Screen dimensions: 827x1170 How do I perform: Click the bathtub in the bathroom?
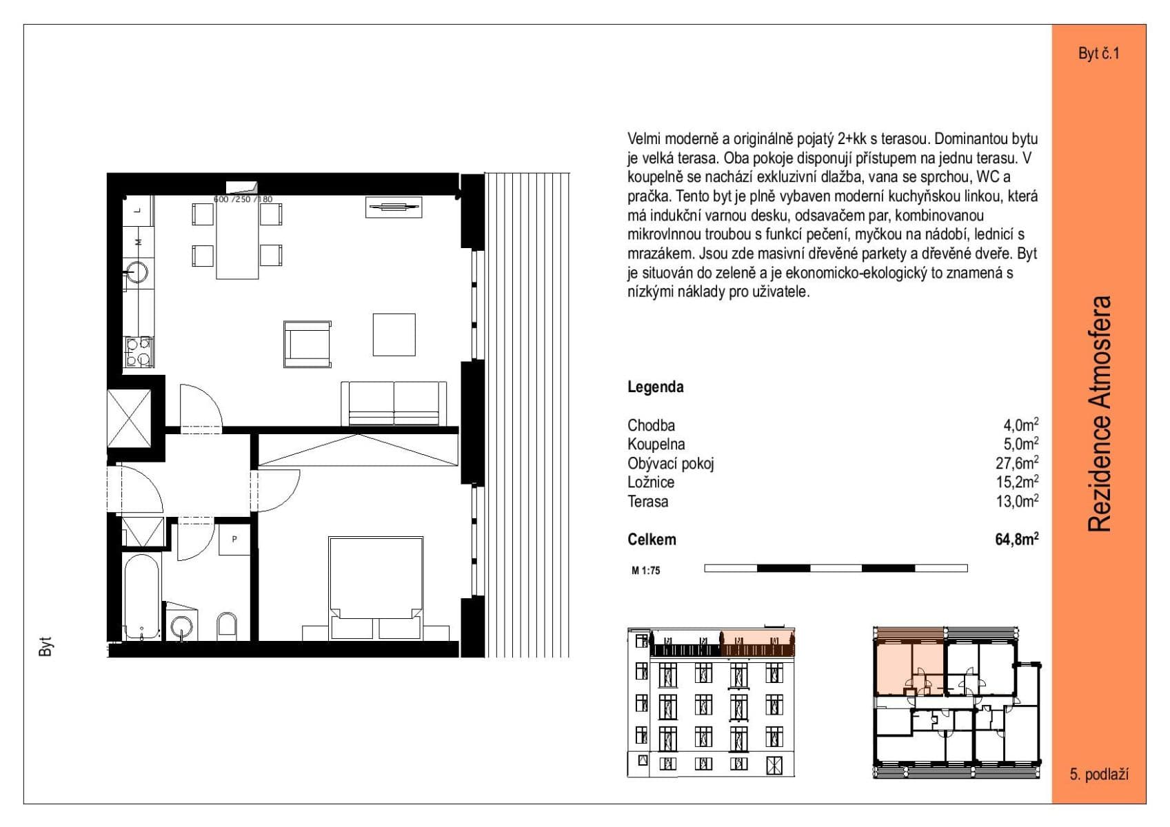click(x=142, y=598)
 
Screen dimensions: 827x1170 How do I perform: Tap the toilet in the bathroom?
click(x=227, y=625)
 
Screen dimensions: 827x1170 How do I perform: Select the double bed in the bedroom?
click(x=376, y=586)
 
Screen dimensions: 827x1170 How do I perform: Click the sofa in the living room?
click(x=394, y=404)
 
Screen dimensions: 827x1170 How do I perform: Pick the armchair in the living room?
click(x=307, y=344)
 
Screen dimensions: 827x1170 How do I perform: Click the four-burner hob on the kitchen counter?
click(x=138, y=351)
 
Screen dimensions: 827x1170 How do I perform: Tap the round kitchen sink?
click(x=139, y=272)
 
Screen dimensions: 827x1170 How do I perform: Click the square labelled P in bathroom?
click(x=234, y=539)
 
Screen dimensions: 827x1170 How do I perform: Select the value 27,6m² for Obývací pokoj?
click(x=1016, y=463)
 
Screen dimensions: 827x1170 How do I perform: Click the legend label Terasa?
click(x=647, y=502)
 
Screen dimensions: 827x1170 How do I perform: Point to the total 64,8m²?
click(x=1016, y=540)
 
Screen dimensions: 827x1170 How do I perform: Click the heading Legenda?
click(x=655, y=387)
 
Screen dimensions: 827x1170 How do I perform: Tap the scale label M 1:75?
click(x=645, y=571)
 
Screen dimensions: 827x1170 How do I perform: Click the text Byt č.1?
click(x=1098, y=54)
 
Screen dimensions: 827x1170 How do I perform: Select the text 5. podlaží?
click(x=1098, y=775)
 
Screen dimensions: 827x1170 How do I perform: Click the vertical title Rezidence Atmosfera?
click(x=1100, y=413)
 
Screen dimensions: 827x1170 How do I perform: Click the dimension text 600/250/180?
click(x=243, y=199)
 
